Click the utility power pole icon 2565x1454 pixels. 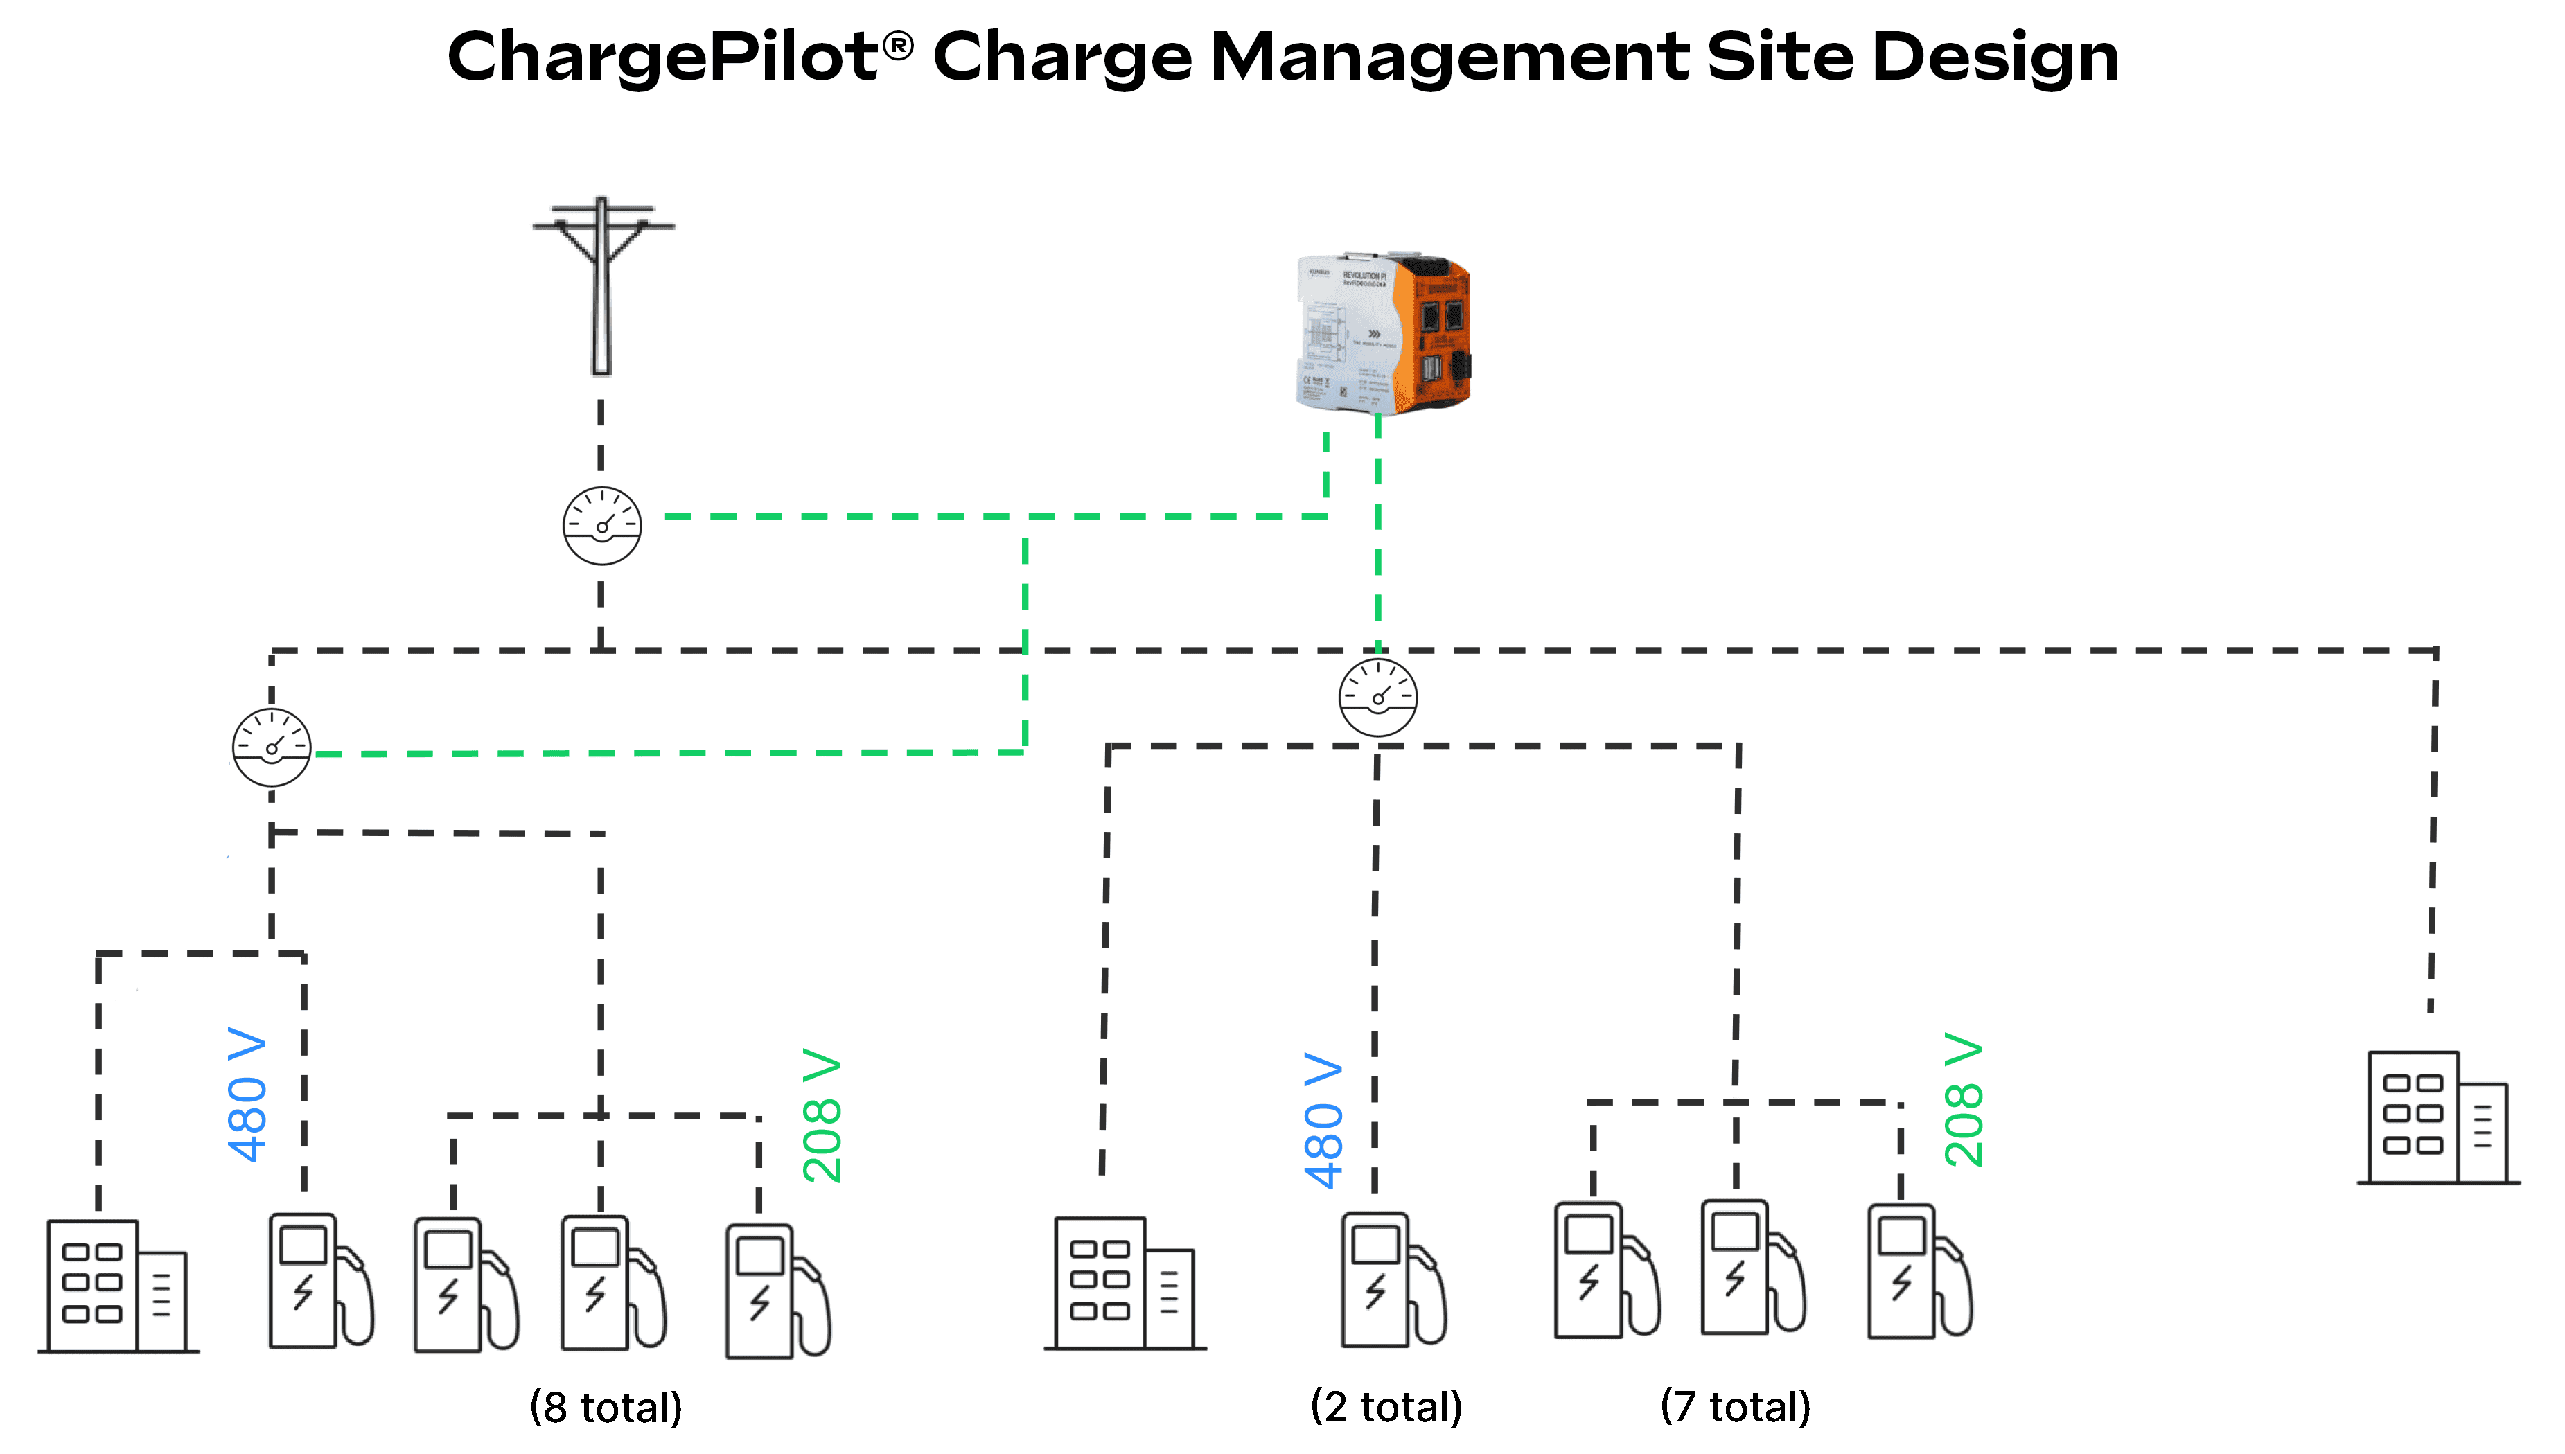[601, 285]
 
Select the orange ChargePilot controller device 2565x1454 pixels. [1384, 333]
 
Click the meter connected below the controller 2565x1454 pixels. [1377, 697]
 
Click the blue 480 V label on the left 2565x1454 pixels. [247, 1094]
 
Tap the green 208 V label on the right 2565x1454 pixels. [1963, 1099]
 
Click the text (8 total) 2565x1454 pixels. [606, 1407]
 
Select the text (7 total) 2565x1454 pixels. [1735, 1406]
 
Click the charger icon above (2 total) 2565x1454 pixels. [1391, 1279]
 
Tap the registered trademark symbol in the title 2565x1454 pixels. [898, 45]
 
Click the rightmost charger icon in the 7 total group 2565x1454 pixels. [1918, 1270]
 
